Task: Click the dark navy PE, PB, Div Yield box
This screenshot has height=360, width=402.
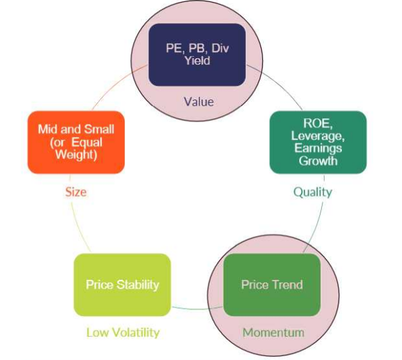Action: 196,54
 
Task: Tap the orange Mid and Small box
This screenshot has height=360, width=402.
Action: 76,142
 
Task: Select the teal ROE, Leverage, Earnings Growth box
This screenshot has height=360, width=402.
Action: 317,142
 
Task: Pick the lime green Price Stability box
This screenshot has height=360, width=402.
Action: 122,285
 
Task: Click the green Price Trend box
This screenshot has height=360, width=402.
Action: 272,285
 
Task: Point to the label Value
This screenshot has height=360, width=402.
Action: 198,102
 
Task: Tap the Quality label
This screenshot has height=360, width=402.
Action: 313,192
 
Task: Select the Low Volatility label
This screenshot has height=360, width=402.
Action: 123,332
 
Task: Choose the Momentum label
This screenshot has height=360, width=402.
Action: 273,332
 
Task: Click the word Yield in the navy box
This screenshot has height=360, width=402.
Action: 197,60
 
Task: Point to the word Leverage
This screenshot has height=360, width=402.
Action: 318,136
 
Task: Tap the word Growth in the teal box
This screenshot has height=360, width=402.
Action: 318,160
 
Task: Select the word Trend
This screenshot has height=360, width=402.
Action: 287,285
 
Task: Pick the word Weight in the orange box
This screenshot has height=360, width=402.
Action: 76,155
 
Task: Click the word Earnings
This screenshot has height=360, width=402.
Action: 318,148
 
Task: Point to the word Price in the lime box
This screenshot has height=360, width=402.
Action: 99,285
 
